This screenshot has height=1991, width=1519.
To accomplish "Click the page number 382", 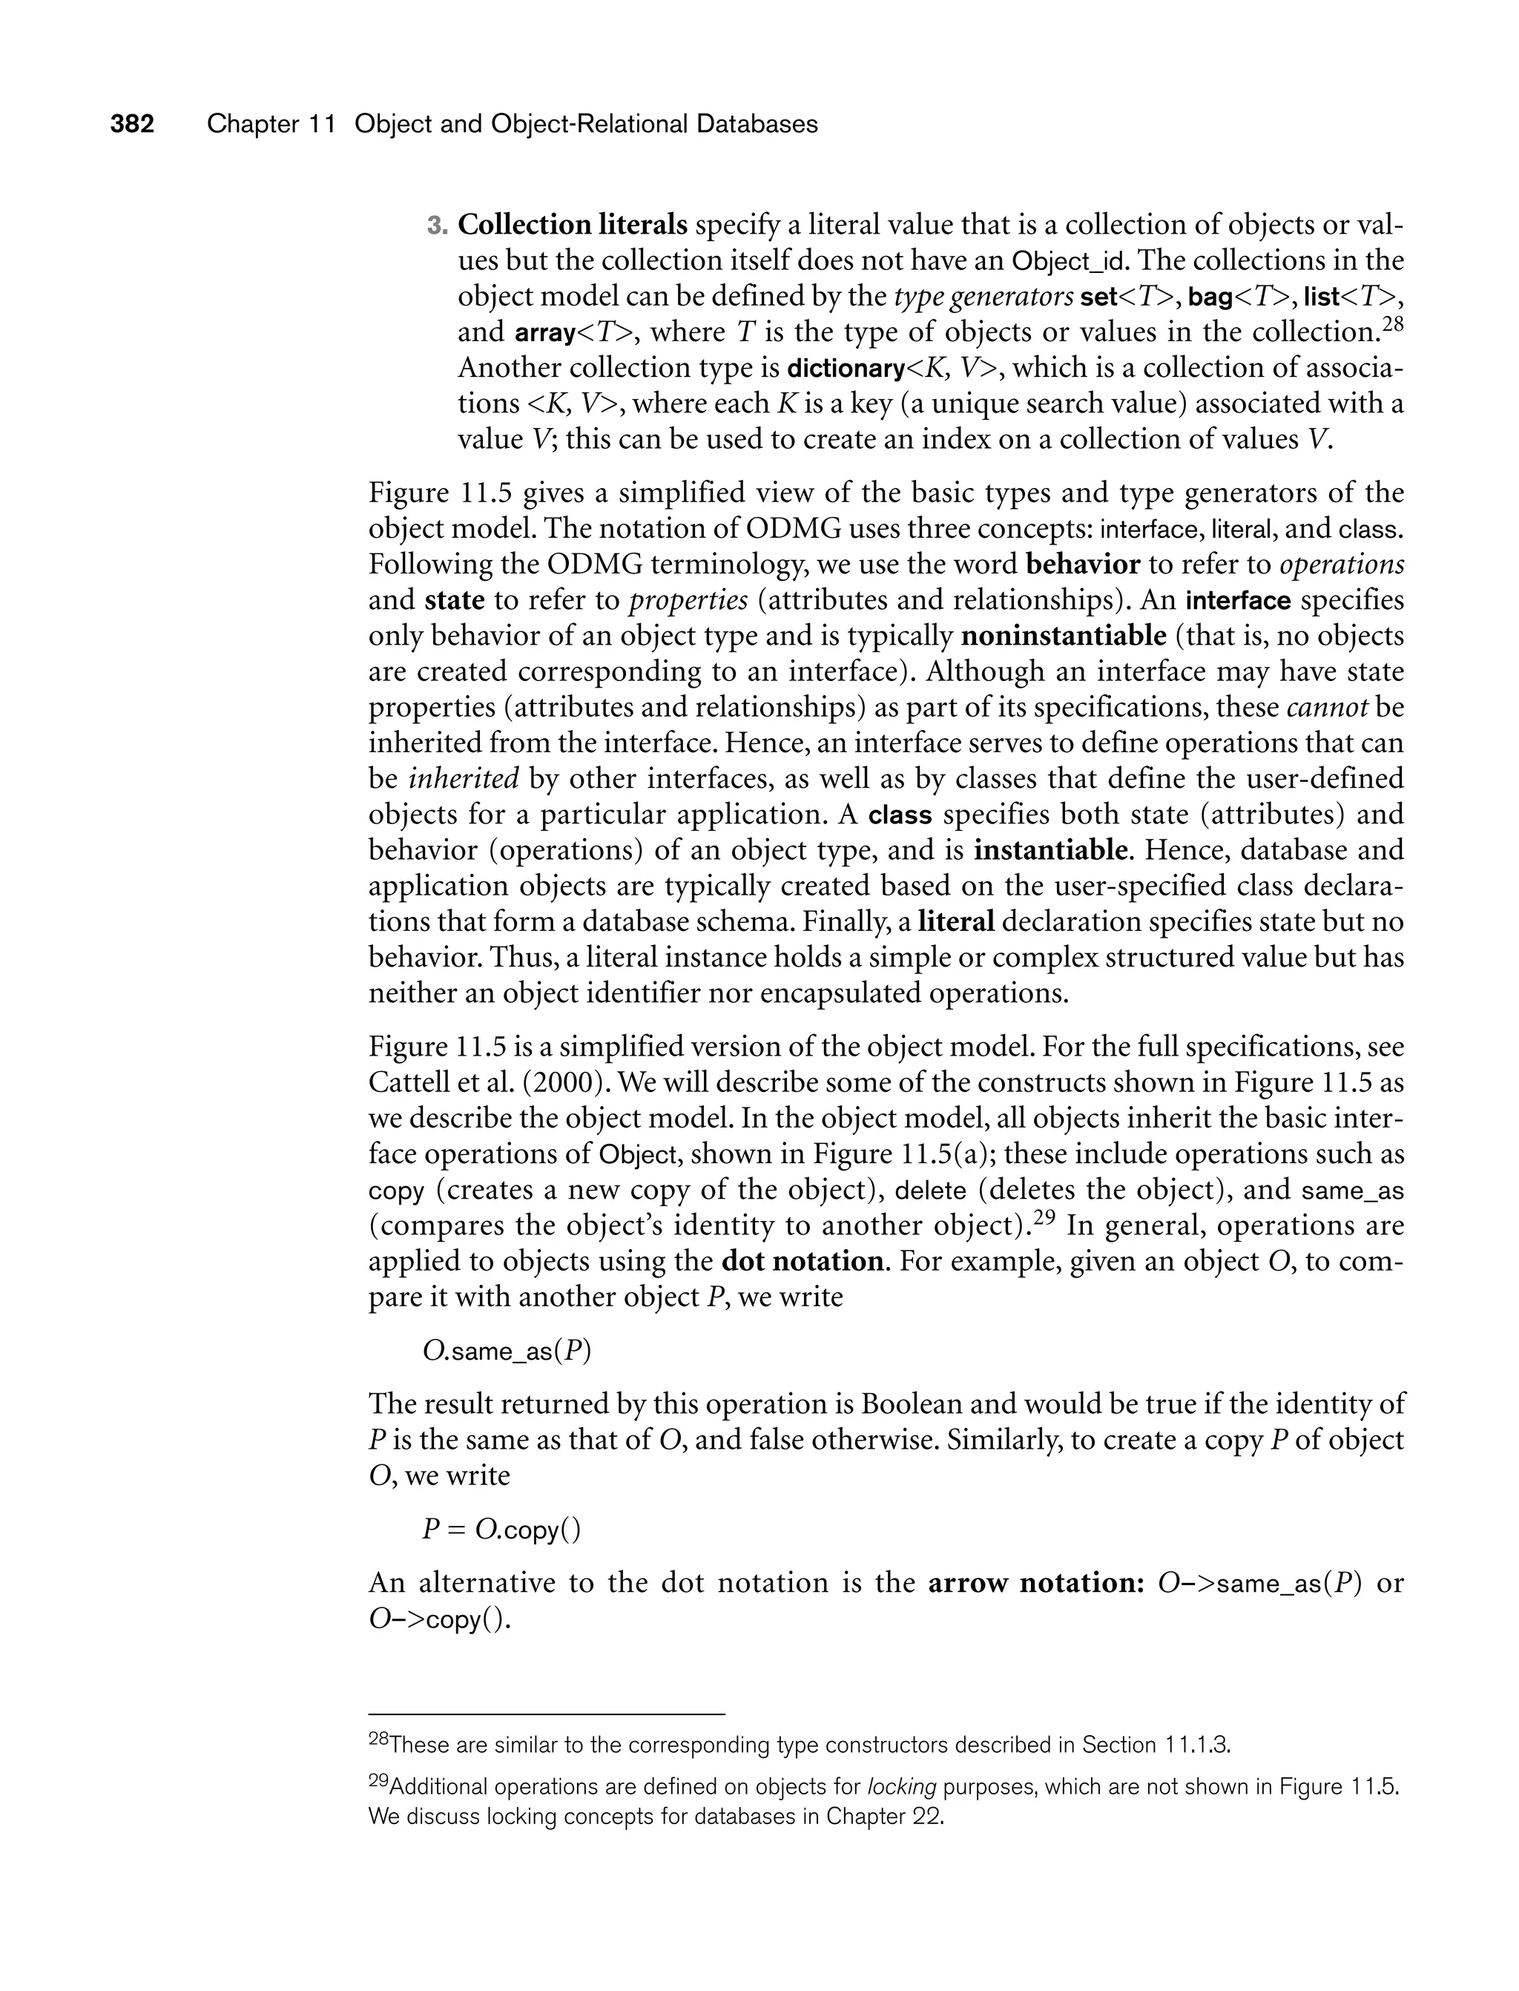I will point(132,124).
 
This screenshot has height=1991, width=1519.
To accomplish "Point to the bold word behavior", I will point(1083,565).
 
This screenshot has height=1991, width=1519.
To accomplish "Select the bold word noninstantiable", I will point(1064,636).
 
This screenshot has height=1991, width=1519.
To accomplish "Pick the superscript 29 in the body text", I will point(1044,1217).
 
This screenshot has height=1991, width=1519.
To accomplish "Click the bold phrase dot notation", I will point(804,1261).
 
